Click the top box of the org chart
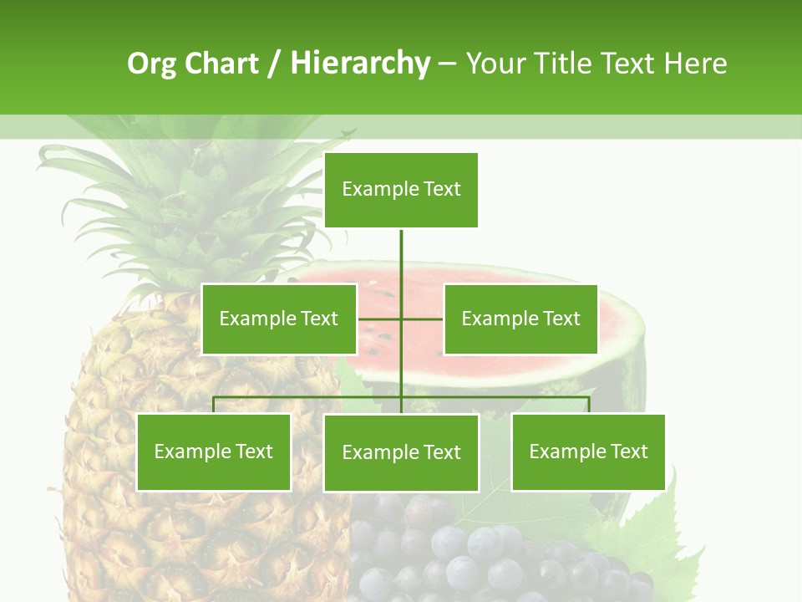point(401,190)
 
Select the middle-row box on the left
point(279,319)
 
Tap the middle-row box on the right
point(520,319)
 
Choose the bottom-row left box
point(214,452)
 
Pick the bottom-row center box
point(401,453)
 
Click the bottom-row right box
point(588,452)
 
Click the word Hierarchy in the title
point(360,64)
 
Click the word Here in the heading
point(695,64)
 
